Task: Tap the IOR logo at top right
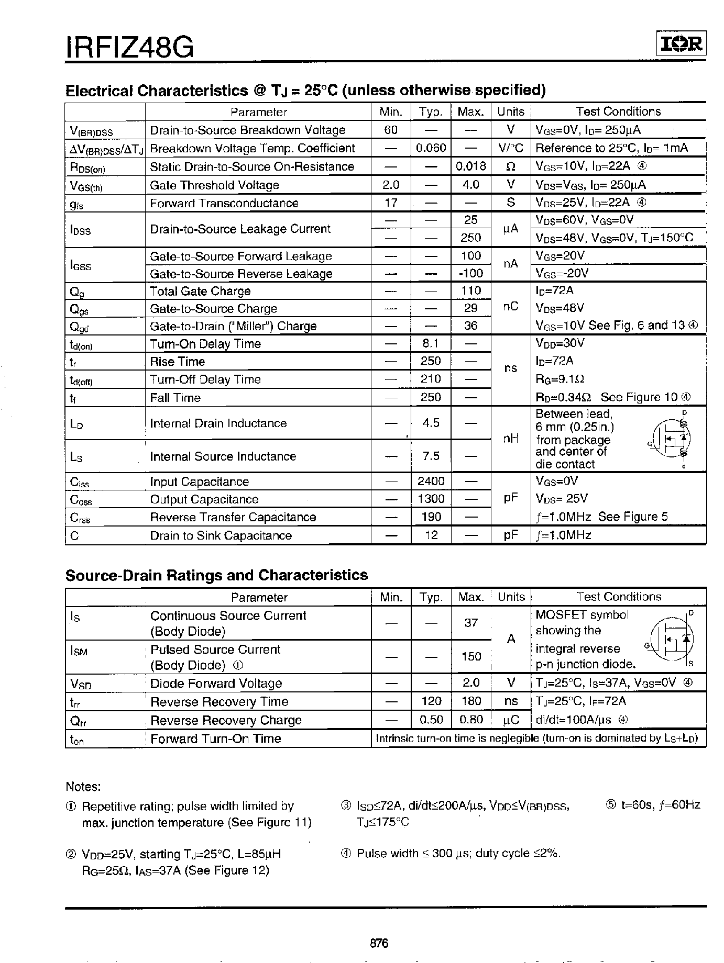(x=681, y=45)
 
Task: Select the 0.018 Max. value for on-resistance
(x=470, y=166)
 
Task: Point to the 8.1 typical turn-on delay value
(x=431, y=344)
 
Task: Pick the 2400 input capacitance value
(x=431, y=481)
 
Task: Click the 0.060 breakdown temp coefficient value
(x=431, y=148)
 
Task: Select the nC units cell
(x=510, y=307)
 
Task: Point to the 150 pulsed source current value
(x=471, y=656)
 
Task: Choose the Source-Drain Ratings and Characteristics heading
(x=216, y=575)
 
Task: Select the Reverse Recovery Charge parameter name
(x=226, y=720)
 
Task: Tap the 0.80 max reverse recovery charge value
(x=471, y=720)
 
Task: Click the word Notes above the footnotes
(x=83, y=787)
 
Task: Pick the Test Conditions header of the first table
(x=618, y=111)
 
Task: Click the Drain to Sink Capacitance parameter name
(x=221, y=535)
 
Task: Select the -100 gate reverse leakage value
(x=470, y=273)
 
